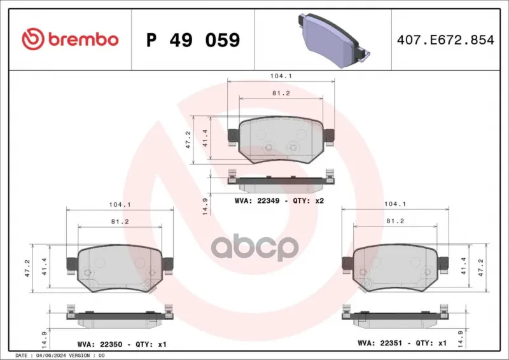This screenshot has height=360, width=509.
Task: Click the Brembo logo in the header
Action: point(70,39)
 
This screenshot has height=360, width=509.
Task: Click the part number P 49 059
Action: point(193,40)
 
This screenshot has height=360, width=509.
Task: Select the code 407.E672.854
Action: point(445,39)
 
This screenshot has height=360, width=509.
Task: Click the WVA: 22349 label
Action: point(257,200)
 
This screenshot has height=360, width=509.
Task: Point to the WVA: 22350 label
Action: point(100,344)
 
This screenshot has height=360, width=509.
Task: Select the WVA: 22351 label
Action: point(380,343)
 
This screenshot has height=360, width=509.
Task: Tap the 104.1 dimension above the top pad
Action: point(281,76)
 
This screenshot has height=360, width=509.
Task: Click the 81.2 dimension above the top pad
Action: point(281,93)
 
